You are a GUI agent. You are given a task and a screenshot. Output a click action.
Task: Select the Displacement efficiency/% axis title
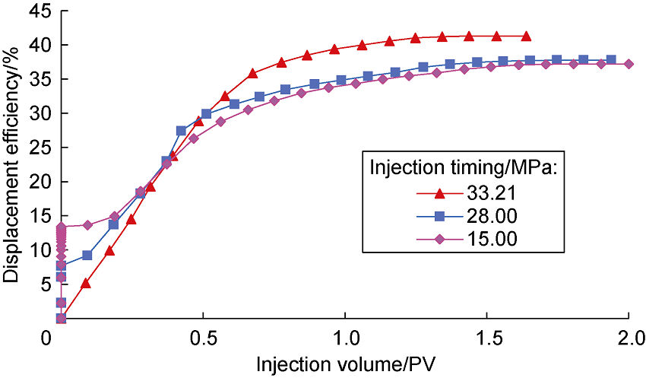(12, 164)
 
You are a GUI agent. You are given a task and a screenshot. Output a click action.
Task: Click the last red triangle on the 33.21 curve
(526, 36)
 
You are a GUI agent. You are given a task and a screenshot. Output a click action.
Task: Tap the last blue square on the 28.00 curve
(611, 59)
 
